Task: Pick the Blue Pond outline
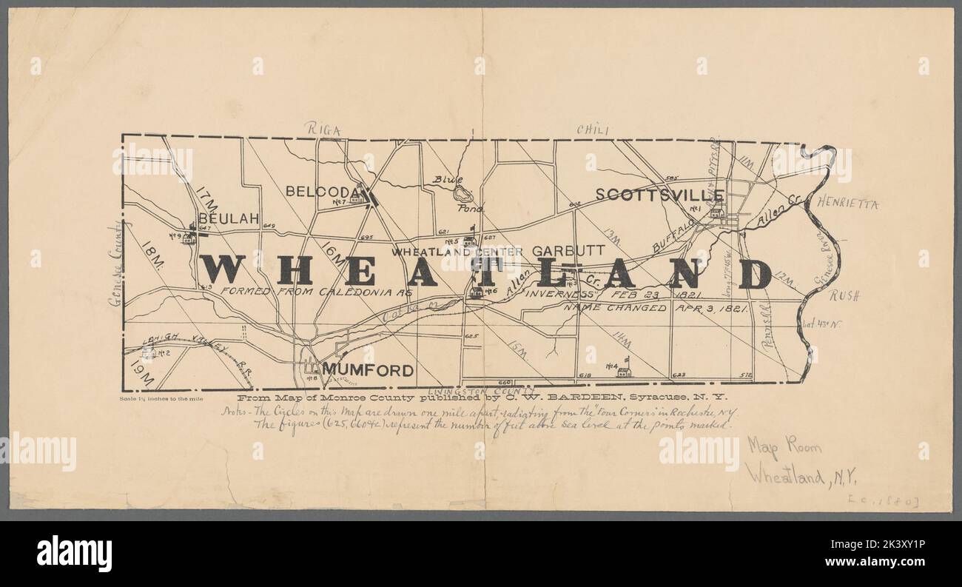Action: (x=462, y=195)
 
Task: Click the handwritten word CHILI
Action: (x=592, y=130)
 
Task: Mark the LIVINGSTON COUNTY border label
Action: (x=481, y=389)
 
